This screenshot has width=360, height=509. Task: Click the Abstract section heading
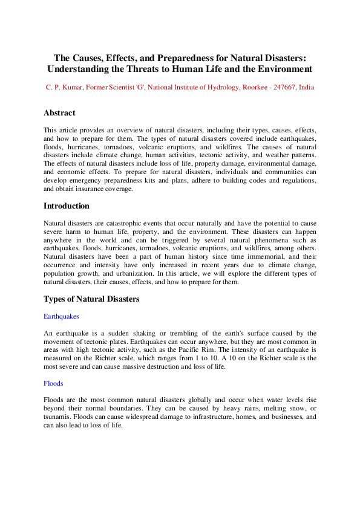click(59, 112)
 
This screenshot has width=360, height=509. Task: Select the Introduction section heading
click(67, 206)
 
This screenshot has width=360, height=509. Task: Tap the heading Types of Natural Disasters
click(91, 299)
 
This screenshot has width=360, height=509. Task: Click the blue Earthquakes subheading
click(61, 316)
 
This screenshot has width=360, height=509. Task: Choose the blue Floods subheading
click(53, 383)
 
